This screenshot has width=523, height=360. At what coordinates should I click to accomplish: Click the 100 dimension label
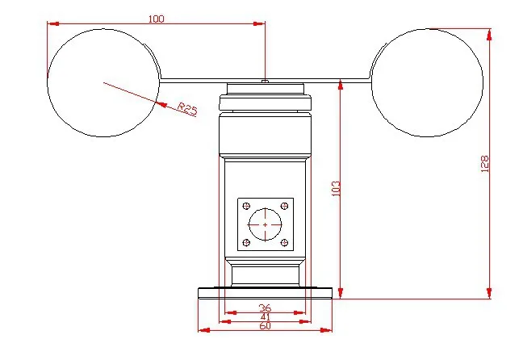[x=156, y=19]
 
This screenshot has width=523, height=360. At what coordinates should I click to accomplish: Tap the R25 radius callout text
[x=187, y=109]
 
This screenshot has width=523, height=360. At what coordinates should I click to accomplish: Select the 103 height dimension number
[x=337, y=189]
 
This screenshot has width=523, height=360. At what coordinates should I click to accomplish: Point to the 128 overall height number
[x=484, y=164]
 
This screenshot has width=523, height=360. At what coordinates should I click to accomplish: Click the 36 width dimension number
[x=266, y=308]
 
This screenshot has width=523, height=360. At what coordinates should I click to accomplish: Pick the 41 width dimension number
[x=266, y=316]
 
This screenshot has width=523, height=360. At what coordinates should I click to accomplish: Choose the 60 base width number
[x=266, y=325]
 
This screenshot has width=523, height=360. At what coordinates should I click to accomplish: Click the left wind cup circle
[x=48, y=83]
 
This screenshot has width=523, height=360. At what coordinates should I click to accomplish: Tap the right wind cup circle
[x=483, y=83]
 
